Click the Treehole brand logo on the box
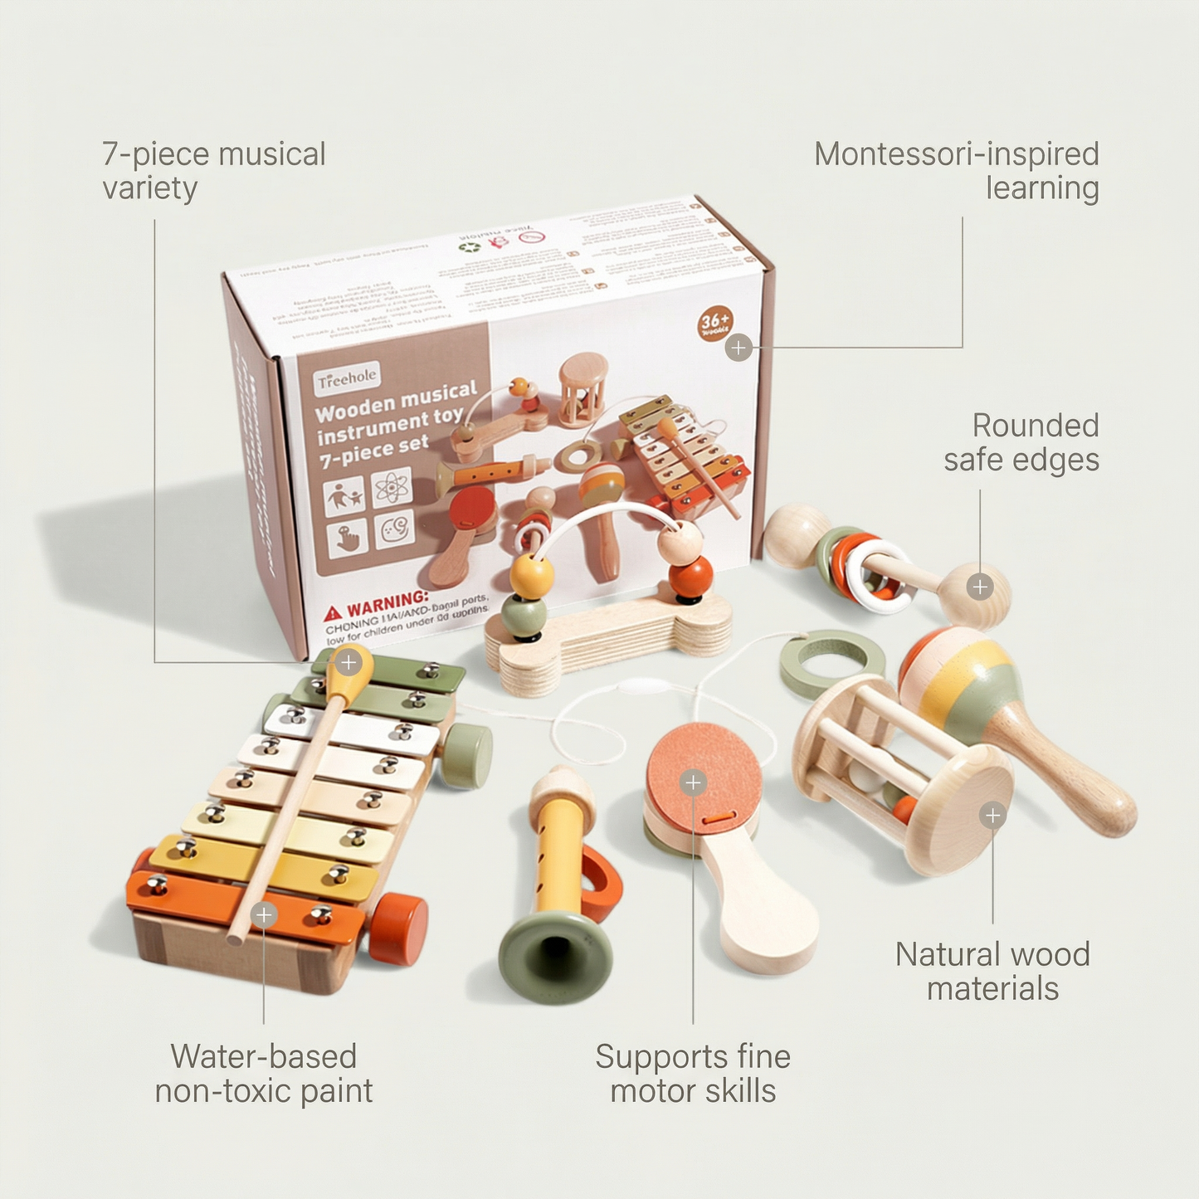tap(348, 378)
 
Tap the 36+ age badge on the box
tap(714, 323)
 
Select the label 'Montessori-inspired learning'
tap(957, 171)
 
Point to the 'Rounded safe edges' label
tap(1021, 442)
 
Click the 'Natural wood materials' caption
tap(992, 972)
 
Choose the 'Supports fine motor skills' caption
tap(693, 1074)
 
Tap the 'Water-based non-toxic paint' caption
tap(264, 1074)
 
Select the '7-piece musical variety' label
tap(213, 171)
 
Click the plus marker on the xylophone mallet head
tap(348, 662)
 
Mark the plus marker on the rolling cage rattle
tap(992, 816)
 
